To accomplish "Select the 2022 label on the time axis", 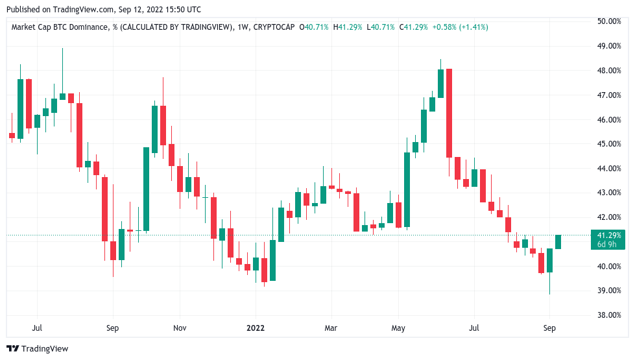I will pos(255,328).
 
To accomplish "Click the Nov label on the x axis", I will pos(180,328).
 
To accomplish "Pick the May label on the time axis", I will pos(398,328).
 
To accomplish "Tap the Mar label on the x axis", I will pos(331,328).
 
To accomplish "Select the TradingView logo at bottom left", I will pos(37,349).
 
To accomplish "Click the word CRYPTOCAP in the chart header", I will pos(272,27).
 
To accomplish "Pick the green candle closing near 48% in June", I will pos(440,84).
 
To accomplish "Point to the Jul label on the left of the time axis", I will pos(37,328).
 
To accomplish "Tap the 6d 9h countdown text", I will pos(608,244).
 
